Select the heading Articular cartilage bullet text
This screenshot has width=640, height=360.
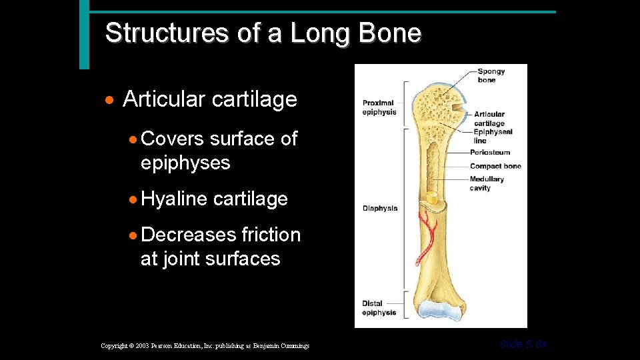point(210,100)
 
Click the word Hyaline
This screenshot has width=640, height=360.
point(175,199)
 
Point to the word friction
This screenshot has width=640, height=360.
point(271,235)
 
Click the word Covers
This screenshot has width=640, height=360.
point(173,139)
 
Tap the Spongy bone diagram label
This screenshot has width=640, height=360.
point(491,76)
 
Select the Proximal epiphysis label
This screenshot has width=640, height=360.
point(379,107)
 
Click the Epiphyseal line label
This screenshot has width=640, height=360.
point(492,136)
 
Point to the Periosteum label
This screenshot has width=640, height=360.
point(489,153)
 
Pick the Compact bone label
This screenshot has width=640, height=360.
point(495,166)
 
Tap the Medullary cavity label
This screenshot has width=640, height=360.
point(487,183)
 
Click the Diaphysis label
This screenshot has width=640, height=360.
point(380,209)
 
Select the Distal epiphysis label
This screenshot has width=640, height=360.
point(379,308)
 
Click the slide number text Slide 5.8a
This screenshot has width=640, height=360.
point(523,344)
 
